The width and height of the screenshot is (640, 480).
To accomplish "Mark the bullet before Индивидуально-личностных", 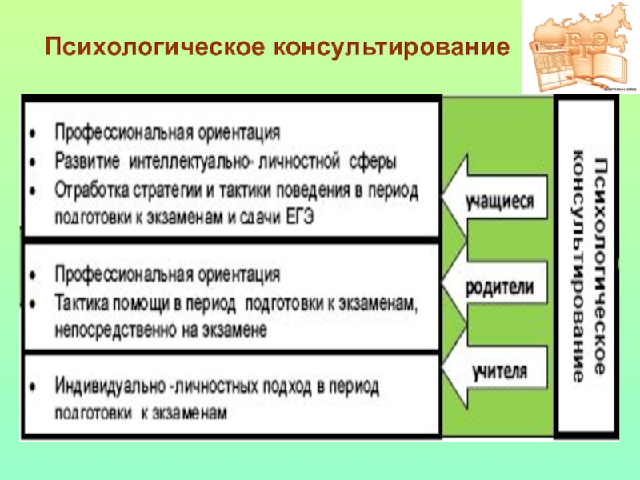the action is pos(32,385).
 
